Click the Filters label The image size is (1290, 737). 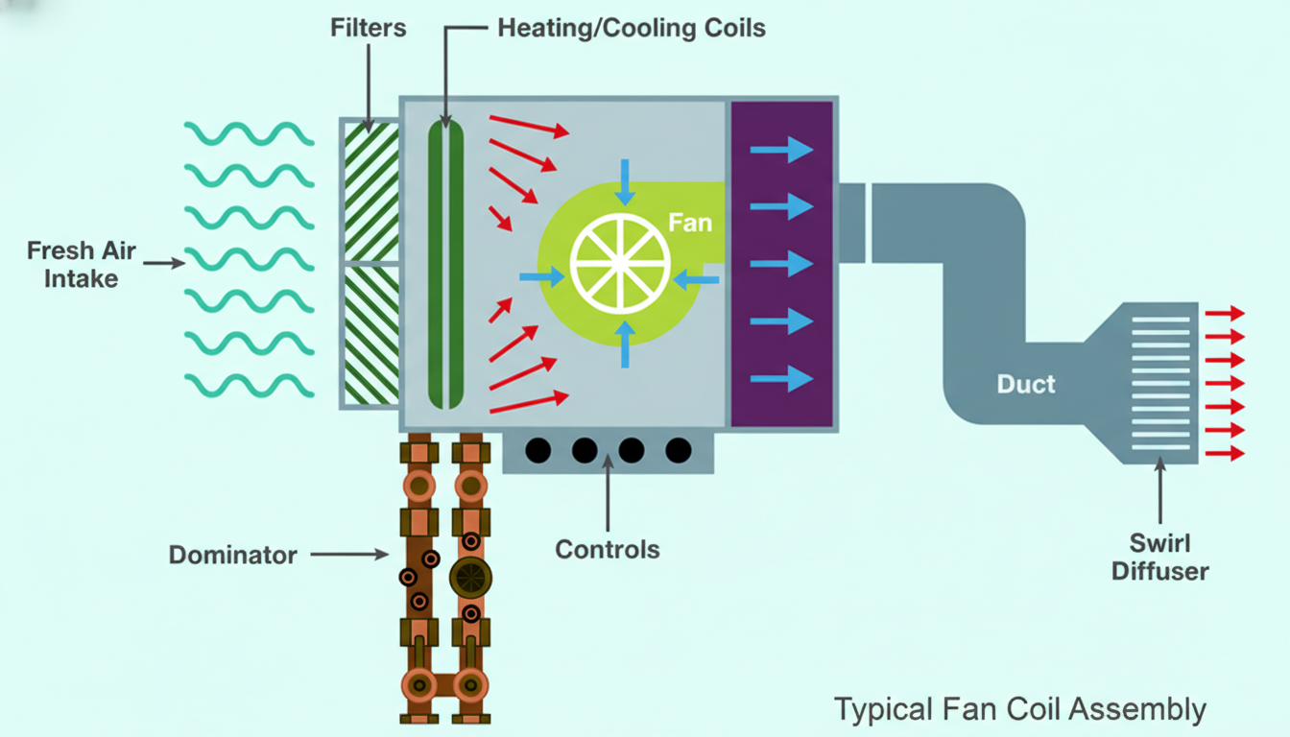369,28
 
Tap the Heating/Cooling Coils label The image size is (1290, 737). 632,28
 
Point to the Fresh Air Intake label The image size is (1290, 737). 82,265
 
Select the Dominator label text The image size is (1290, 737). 233,555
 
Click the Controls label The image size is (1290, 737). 608,550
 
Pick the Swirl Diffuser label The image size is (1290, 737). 1159,558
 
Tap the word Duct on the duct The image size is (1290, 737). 1026,385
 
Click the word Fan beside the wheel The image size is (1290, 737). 690,224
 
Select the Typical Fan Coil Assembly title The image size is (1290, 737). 1019,710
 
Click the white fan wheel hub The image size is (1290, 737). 620,262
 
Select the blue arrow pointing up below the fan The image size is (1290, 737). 625,345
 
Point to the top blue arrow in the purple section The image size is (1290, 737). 781,149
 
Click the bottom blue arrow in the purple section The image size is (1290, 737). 781,379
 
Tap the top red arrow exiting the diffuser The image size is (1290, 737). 1224,314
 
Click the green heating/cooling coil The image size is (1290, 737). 445,263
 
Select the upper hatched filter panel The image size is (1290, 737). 370,190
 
